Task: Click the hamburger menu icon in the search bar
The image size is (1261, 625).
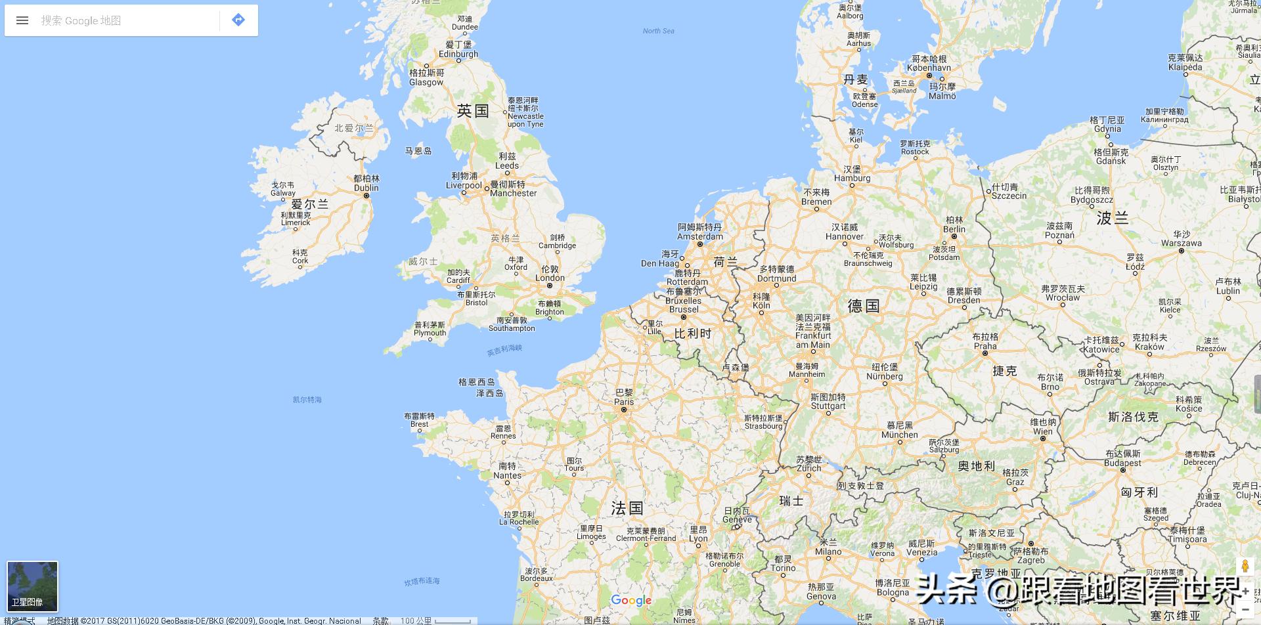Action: point(22,20)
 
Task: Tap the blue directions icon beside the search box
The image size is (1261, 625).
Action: point(238,20)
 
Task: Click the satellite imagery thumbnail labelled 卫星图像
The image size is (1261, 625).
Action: point(32,586)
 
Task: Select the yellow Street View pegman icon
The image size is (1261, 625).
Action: point(1245,567)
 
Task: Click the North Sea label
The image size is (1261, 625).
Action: point(658,31)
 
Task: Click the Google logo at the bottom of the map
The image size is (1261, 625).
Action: point(631,600)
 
